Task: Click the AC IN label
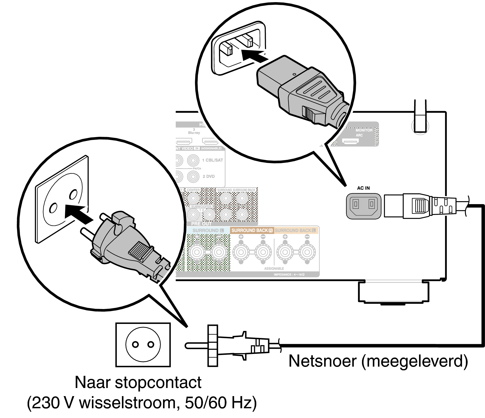(x=363, y=188)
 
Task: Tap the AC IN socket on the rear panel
(x=363, y=206)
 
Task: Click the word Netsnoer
(x=323, y=361)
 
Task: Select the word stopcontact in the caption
(x=158, y=382)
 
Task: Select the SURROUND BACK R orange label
(x=252, y=230)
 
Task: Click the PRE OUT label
(x=201, y=224)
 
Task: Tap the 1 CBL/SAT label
(x=212, y=160)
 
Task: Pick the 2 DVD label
(x=209, y=176)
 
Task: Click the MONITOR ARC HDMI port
(x=351, y=141)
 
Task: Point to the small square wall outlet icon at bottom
(x=143, y=344)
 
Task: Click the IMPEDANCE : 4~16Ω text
(x=289, y=274)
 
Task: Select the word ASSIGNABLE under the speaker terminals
(x=274, y=268)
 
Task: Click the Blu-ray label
(x=194, y=133)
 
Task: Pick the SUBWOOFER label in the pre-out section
(x=201, y=207)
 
